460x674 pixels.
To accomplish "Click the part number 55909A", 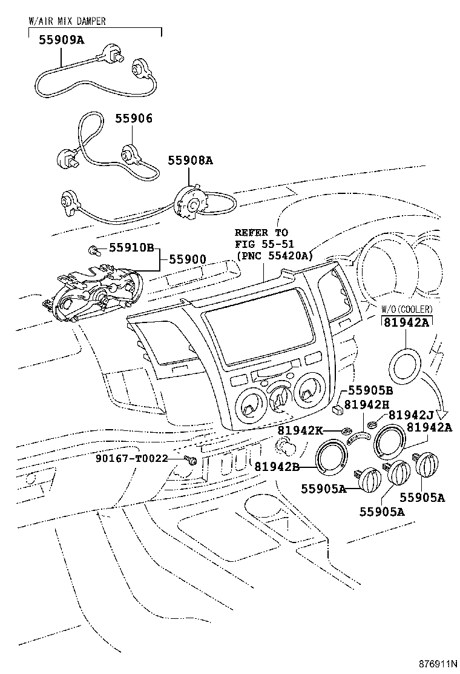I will pyautogui.click(x=61, y=41).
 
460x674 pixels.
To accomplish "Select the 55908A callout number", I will pyautogui.click(x=190, y=161).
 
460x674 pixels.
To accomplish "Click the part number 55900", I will pyautogui.click(x=187, y=259).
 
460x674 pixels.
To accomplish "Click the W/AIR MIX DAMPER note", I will pyautogui.click(x=67, y=21).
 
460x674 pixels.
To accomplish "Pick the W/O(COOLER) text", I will pyautogui.click(x=406, y=310).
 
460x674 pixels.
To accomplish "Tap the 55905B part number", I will pyautogui.click(x=369, y=391).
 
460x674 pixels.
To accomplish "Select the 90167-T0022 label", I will pyautogui.click(x=131, y=459).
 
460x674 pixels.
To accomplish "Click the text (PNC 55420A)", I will pyautogui.click(x=274, y=255).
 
